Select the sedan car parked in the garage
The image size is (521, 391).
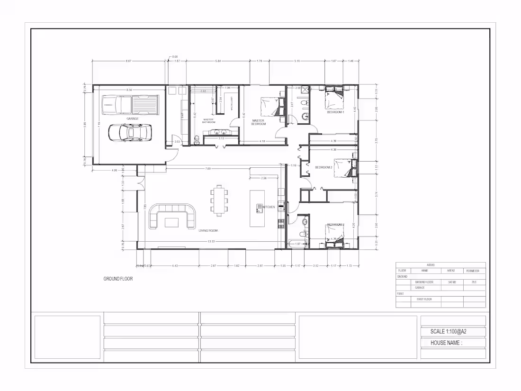(130, 132)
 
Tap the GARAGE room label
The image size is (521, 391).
(132, 118)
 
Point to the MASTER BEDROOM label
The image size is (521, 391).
(258, 122)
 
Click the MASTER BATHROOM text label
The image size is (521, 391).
(209, 121)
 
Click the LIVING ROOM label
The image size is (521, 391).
(208, 230)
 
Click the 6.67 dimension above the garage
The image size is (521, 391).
(128, 61)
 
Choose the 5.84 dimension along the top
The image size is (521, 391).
(218, 61)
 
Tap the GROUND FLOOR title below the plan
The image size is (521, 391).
(118, 279)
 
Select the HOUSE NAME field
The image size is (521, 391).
(446, 343)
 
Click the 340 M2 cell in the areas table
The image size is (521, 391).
(452, 282)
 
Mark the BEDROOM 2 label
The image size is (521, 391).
(324, 167)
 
